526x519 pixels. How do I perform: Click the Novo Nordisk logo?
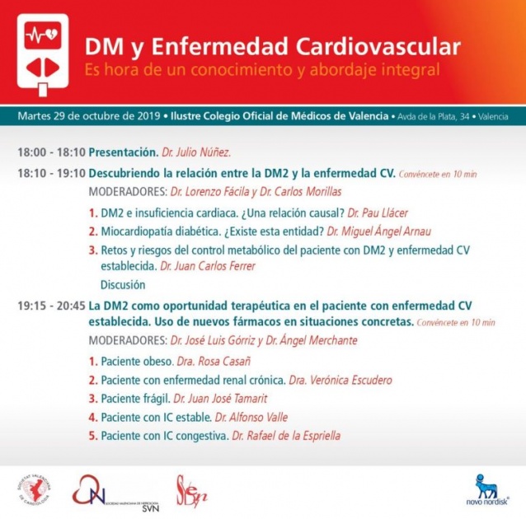point(486,491)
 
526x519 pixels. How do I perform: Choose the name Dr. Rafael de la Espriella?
point(286,436)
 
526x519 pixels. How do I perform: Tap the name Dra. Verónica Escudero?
point(340,380)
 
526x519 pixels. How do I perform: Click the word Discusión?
point(123,285)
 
